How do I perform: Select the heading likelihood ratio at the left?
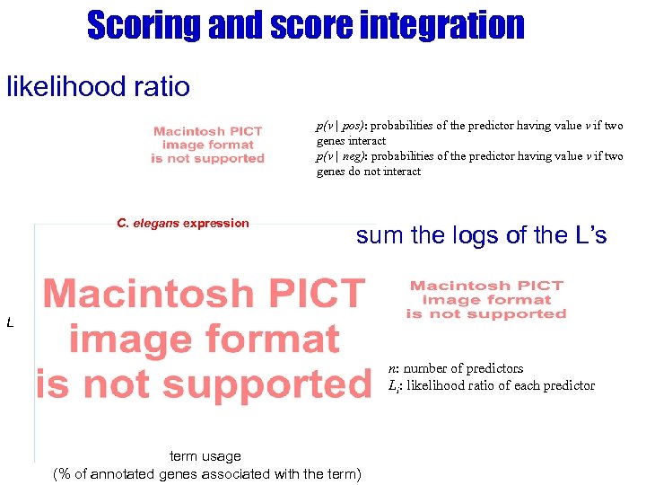tap(99, 86)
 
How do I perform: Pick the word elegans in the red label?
tap(154, 223)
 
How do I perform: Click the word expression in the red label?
tap(215, 223)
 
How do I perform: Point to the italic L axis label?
tap(10, 322)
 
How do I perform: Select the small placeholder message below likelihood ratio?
tap(207, 145)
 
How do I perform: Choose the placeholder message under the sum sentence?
tap(486, 300)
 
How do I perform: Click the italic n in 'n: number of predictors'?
tap(391, 368)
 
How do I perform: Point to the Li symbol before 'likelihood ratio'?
tap(393, 385)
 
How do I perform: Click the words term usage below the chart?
tap(205, 456)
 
